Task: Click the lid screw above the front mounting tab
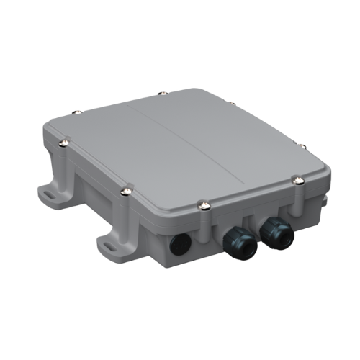[x=126, y=191]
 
